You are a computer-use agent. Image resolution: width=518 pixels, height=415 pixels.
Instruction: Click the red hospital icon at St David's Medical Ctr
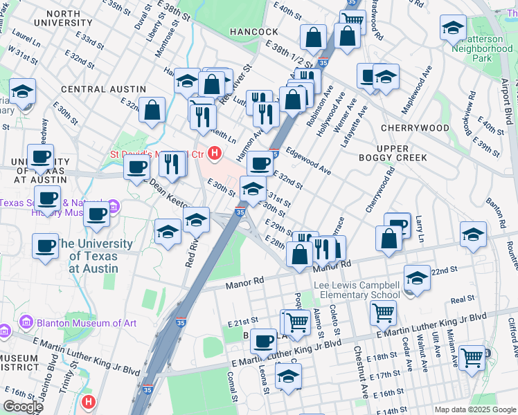tap(215, 153)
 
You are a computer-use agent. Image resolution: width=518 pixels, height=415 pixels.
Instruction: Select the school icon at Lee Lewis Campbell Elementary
tap(417, 278)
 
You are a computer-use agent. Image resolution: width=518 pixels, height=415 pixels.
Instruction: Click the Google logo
tap(24, 407)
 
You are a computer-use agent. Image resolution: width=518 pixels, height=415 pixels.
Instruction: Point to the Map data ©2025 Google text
tap(474, 409)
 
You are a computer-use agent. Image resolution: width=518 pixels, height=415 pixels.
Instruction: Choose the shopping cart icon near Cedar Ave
tap(383, 312)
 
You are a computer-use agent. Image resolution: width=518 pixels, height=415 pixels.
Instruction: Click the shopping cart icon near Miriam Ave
tap(472, 358)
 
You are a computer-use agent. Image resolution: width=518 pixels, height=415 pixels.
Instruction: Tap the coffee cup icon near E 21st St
tap(263, 340)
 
